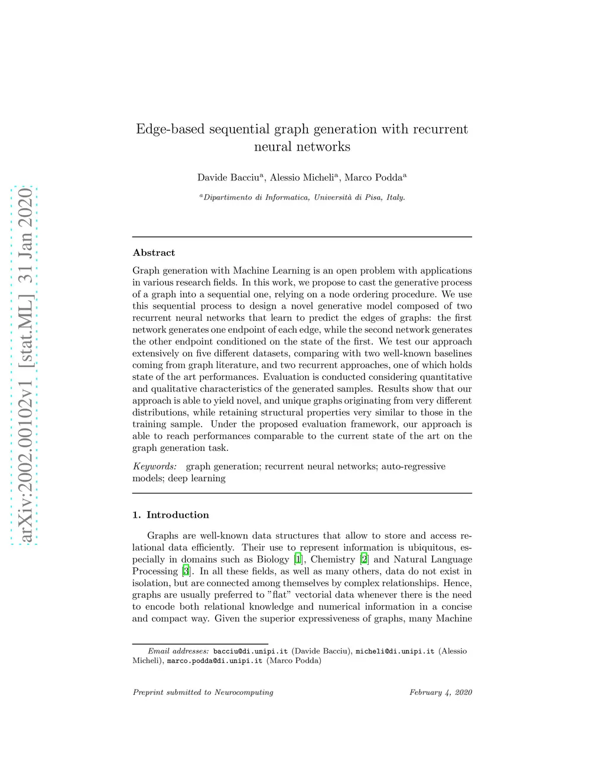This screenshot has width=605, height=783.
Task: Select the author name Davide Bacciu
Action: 228,177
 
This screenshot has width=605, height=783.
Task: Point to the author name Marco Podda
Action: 373,177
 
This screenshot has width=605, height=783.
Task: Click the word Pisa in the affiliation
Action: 373,197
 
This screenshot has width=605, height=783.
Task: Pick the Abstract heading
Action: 154,253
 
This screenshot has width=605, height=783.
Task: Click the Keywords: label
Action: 154,466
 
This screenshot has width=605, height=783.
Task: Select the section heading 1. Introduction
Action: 171,515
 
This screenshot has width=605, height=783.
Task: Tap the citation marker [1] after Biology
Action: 298,559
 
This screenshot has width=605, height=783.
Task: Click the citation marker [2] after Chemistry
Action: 365,559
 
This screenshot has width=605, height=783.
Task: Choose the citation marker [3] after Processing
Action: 186,571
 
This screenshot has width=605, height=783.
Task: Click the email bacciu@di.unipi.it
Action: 251,651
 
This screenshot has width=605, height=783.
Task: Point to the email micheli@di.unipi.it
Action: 395,651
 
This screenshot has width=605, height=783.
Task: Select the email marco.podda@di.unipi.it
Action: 214,661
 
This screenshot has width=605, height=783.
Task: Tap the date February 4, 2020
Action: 441,692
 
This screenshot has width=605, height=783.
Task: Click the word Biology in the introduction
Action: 273,559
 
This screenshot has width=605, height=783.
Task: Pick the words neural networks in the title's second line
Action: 302,147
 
